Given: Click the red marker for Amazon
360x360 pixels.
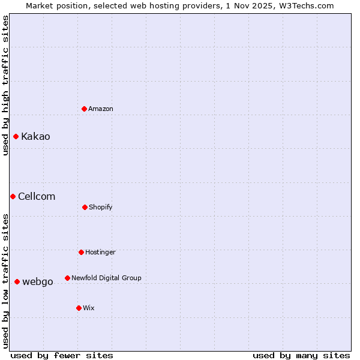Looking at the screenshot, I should (85, 109).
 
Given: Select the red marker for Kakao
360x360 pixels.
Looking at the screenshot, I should (16, 136).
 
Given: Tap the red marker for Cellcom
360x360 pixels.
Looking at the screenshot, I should (13, 196).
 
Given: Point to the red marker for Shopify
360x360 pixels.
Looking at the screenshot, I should (85, 207).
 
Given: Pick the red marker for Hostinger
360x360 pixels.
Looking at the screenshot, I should (81, 252).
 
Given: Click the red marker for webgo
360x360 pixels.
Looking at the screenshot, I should (17, 281).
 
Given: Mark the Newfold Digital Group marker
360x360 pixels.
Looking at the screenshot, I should (67, 278).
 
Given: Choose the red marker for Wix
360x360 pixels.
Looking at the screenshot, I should (79, 308).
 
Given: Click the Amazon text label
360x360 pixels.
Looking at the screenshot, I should (101, 109).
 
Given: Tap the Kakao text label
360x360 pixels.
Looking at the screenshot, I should (35, 136).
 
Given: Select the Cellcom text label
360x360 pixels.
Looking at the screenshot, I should (37, 196).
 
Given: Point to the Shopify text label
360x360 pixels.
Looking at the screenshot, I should (101, 207).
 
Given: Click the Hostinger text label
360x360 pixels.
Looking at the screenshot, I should (100, 252).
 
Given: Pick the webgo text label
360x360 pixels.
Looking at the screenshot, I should (38, 281).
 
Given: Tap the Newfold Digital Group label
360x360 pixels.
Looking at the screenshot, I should (106, 278).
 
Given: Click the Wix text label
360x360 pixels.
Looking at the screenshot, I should (89, 308).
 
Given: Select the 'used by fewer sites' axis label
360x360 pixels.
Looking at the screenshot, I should (62, 355).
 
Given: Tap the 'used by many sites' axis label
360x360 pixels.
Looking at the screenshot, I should (301, 355).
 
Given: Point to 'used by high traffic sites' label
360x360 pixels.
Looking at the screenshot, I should (5, 85).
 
